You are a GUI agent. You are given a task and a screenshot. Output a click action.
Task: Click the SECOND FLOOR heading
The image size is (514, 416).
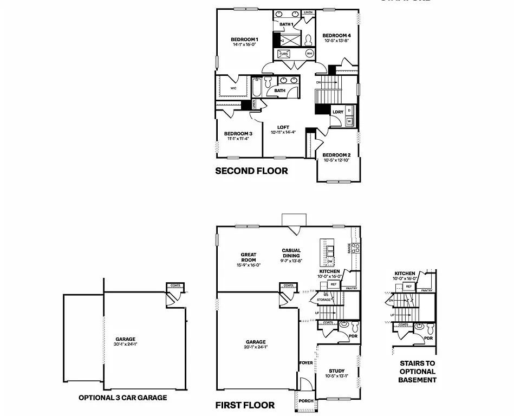(251, 171)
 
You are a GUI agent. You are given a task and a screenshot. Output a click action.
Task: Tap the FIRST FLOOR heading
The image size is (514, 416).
(245, 405)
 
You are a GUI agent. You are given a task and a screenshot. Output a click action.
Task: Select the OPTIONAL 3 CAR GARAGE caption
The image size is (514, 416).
(122, 398)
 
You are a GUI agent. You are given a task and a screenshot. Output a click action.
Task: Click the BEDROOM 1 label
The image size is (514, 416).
(244, 40)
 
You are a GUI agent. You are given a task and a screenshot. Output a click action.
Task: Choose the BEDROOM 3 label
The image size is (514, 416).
(238, 134)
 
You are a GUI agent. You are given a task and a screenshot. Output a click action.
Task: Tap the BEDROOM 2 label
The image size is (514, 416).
(337, 155)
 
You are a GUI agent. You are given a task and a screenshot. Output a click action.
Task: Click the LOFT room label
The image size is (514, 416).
(283, 128)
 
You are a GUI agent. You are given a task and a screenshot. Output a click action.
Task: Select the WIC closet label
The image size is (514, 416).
(233, 88)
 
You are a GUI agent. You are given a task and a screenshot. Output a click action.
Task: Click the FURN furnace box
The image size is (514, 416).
(284, 54)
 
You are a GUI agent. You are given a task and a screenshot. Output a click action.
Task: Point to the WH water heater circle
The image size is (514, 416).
(309, 54)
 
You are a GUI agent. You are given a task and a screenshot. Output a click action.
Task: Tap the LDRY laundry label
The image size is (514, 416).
(338, 112)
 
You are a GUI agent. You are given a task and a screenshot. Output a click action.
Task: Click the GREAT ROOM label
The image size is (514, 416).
(249, 257)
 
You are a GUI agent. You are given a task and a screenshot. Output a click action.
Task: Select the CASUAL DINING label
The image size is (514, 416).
(291, 253)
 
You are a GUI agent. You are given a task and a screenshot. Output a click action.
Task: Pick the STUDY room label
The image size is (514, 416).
(336, 371)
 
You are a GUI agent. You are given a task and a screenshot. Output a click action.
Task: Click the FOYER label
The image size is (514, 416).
(306, 363)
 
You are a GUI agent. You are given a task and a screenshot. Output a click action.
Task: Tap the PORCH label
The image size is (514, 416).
(306, 401)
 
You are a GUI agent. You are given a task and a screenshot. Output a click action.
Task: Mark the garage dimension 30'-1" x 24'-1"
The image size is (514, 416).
(125, 344)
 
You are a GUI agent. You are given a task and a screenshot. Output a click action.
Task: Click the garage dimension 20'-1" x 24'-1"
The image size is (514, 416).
(256, 347)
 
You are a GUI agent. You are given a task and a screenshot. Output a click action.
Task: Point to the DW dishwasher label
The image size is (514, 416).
(329, 261)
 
